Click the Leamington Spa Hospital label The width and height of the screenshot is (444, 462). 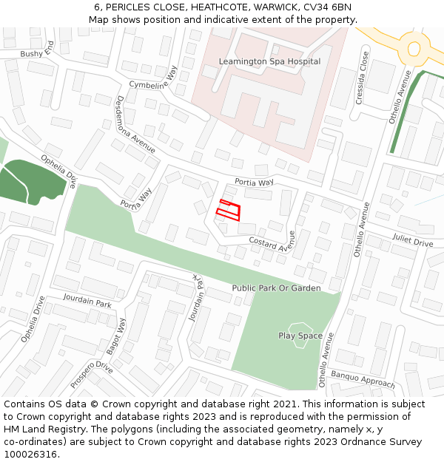269,61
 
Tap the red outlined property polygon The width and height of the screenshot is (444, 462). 229,210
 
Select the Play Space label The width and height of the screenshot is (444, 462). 300,336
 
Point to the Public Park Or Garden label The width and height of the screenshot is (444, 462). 276,288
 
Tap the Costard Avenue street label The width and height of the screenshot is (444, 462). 272,242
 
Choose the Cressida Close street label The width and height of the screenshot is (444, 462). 363,78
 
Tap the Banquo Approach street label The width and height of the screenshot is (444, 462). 363,379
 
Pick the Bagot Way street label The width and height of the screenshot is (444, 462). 116,336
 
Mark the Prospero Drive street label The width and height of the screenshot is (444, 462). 92,375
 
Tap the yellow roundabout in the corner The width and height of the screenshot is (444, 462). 413,49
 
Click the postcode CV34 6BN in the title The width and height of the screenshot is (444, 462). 327,7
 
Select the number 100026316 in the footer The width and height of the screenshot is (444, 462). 30,455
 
